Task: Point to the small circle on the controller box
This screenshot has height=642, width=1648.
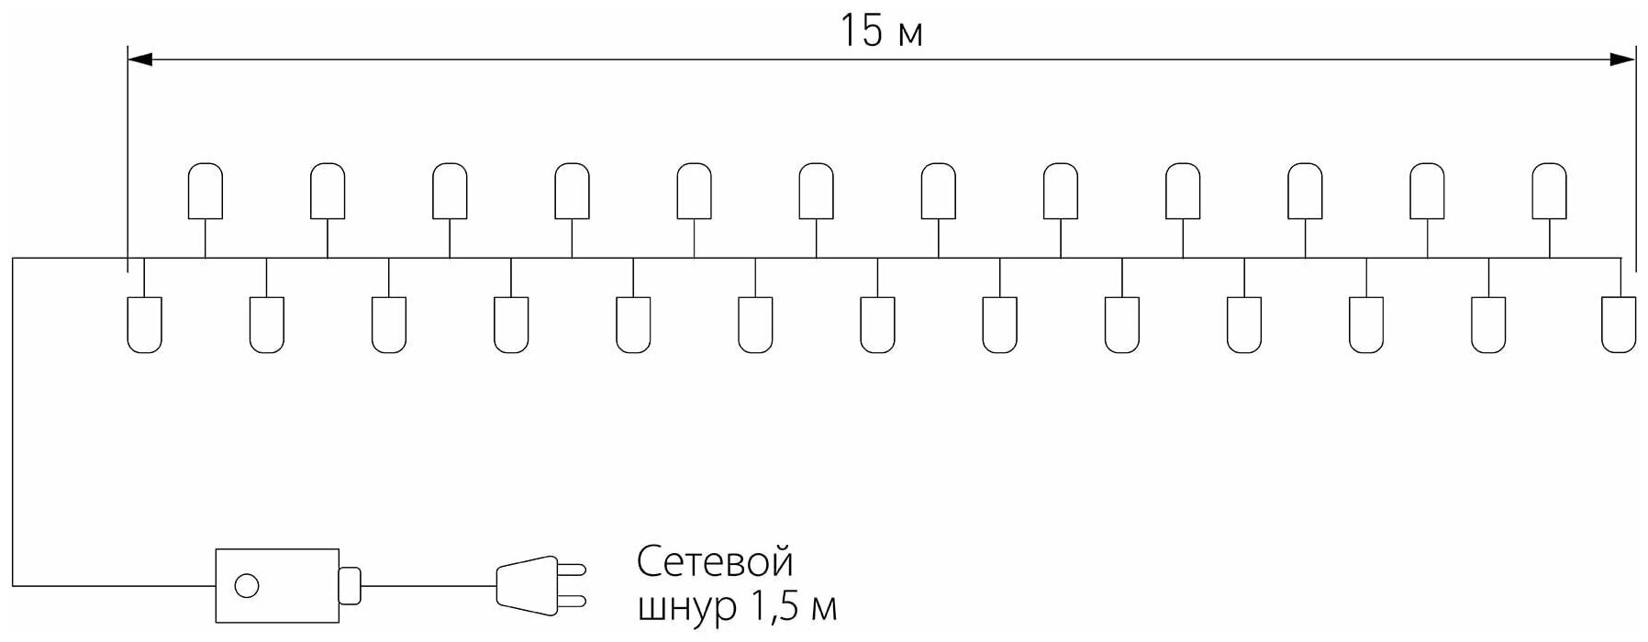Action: point(246,585)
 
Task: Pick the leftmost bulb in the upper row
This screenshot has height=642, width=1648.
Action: point(206,191)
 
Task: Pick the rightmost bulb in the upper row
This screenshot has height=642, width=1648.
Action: point(1550,191)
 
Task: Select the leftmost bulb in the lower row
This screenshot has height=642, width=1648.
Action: point(144,325)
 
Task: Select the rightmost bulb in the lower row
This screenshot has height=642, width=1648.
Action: point(1619,325)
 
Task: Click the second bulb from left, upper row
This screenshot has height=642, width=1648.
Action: point(328,191)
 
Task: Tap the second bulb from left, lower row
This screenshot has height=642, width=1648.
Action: point(266,325)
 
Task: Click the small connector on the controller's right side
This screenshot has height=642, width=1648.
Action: point(350,585)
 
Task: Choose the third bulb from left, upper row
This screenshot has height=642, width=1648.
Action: point(450,191)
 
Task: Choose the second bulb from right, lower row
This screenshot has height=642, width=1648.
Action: point(1488,325)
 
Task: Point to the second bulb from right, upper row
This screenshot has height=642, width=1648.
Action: point(1427,191)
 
